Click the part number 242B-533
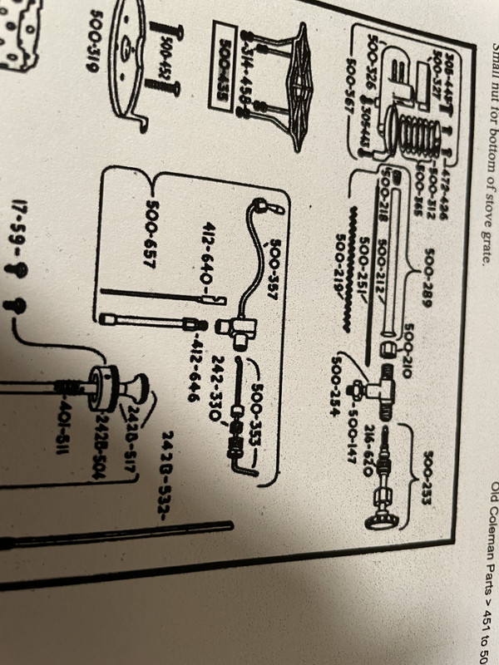point(166,467)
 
